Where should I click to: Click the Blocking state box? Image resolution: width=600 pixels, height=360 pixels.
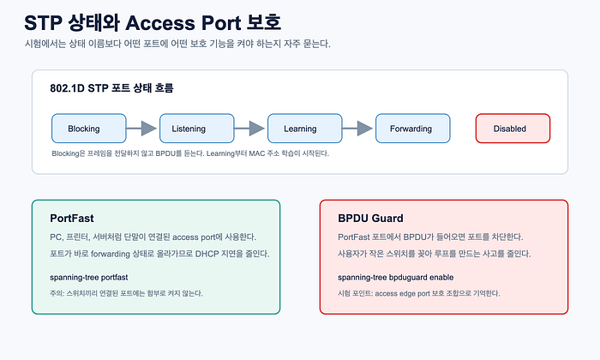pos(89,129)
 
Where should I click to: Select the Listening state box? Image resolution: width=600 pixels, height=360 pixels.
pos(196,129)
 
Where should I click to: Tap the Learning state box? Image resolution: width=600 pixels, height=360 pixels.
pos(304,129)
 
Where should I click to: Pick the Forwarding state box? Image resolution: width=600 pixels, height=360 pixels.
pos(412,129)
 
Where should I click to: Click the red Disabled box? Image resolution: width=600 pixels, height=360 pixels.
pos(513,129)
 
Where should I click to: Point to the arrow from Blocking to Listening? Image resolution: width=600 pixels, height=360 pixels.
pos(141,129)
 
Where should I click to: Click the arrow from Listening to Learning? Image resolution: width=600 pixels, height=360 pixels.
pos(249,129)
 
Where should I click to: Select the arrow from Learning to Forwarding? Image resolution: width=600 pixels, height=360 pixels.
pos(357,129)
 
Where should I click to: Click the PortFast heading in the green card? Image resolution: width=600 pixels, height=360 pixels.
pos(72,219)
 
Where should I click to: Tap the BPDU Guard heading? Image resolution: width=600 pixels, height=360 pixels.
pos(370,219)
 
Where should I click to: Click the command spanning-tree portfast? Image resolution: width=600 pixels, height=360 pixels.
pos(89,278)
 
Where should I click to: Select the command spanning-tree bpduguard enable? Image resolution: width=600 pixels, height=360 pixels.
pos(396,278)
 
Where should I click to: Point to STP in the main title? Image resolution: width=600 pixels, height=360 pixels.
pos(43,23)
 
